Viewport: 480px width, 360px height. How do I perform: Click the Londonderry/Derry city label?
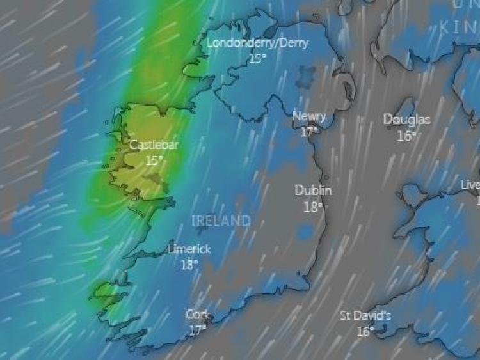coord(257,43)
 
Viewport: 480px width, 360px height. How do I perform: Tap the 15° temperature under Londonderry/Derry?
coord(257,58)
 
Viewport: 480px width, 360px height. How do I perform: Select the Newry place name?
coord(309,117)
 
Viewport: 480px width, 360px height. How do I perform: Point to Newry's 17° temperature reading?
coord(310,132)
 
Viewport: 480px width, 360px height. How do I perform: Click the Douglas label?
coord(406,120)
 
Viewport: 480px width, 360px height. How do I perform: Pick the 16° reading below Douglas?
coord(406,136)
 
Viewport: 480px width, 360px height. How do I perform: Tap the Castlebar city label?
coord(154,145)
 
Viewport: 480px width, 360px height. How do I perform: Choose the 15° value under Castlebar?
coord(154,160)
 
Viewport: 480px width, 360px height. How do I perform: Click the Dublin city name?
coord(313,191)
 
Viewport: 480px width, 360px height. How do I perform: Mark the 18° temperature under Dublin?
coord(313,207)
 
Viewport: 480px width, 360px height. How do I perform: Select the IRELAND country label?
coord(221,221)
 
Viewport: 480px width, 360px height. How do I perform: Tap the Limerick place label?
coord(189,249)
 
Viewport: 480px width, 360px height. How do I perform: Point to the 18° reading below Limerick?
coord(189,264)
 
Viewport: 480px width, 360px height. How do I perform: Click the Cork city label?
coord(197,315)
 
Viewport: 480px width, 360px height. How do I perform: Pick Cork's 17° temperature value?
coord(197,330)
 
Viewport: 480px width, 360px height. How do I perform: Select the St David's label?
coord(365,316)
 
